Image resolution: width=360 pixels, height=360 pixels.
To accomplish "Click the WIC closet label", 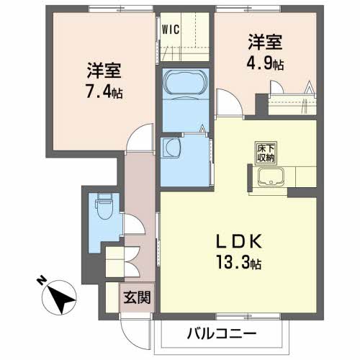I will pyautogui.click(x=171, y=30).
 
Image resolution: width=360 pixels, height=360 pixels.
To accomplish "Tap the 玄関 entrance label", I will pyautogui.click(x=135, y=297).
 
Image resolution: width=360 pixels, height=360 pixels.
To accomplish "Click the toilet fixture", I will pyautogui.click(x=102, y=209).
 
